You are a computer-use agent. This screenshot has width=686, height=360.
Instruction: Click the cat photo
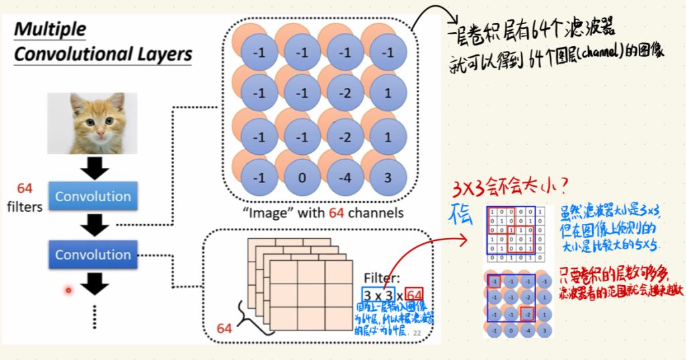click(92, 123)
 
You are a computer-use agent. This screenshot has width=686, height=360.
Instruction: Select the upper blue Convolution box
click(93, 196)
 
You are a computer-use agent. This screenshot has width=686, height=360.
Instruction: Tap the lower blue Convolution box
click(93, 255)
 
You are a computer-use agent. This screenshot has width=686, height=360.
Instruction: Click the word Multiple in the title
click(50, 29)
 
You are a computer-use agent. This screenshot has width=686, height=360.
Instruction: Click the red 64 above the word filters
click(25, 188)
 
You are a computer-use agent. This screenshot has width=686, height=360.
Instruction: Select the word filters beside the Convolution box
click(25, 206)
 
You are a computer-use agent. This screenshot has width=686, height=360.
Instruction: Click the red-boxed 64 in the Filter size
click(415, 294)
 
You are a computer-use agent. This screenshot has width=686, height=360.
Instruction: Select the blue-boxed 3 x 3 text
click(378, 294)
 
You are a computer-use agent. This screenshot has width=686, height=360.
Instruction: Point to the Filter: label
click(382, 278)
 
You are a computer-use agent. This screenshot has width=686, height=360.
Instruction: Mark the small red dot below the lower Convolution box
click(68, 290)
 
